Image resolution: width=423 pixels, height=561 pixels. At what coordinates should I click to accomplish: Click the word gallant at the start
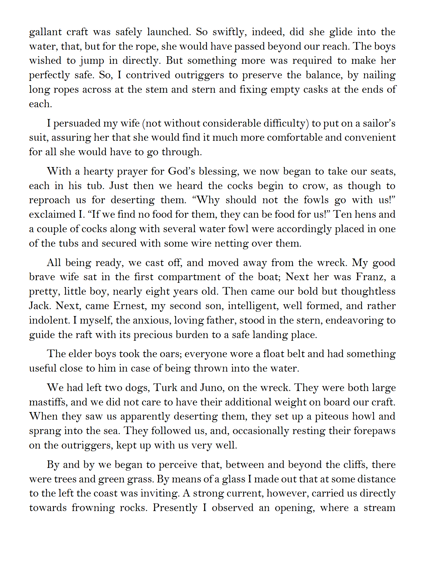pyautogui.click(x=45, y=32)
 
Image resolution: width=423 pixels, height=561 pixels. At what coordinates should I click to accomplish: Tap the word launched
pyautogui.click(x=169, y=32)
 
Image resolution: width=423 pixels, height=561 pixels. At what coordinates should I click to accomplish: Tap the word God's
pyautogui.click(x=181, y=171)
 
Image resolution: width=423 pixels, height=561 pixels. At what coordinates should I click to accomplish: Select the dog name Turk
pyautogui.click(x=165, y=388)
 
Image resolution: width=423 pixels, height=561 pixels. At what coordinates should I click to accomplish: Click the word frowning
pyautogui.click(x=93, y=508)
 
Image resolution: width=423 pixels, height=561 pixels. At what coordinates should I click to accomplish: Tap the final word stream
pyautogui.click(x=379, y=508)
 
